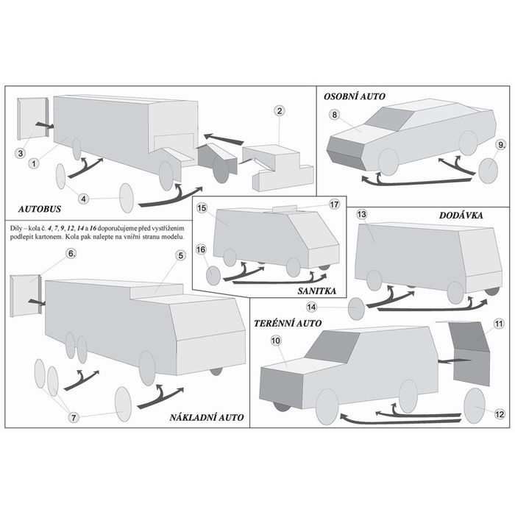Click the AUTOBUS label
tap(40, 209)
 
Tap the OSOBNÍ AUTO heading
tap(355, 96)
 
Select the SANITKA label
tap(317, 291)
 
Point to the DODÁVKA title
tap(461, 215)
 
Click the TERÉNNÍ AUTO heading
tap(288, 323)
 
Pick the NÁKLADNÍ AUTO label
tap(207, 417)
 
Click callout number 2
tap(280, 111)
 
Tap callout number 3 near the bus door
tap(21, 153)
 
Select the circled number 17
tap(334, 205)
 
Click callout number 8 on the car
tap(334, 115)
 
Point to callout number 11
tap(499, 324)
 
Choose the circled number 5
tap(181, 255)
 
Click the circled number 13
tap(361, 215)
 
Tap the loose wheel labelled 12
tap(475, 405)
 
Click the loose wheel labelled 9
tap(489, 171)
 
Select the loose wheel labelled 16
tap(213, 275)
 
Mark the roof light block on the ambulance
tap(285, 209)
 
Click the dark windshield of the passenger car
tap(389, 119)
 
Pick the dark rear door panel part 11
tap(470, 353)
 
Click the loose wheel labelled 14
tap(356, 309)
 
